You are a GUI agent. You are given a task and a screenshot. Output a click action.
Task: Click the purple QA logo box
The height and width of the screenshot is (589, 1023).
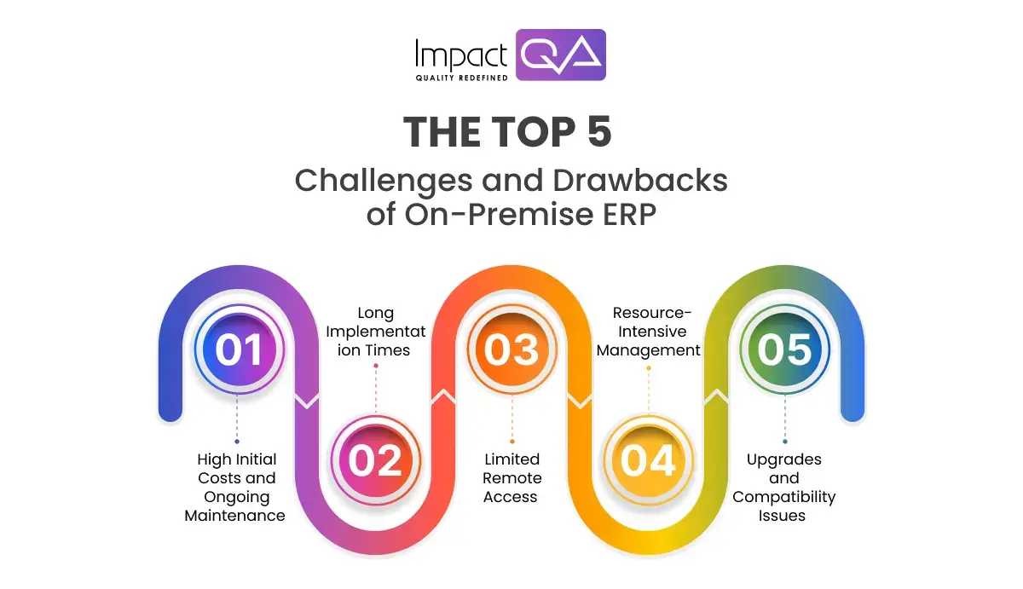coord(561,55)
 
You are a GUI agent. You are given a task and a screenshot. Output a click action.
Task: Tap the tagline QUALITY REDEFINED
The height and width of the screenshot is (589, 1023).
coord(461,78)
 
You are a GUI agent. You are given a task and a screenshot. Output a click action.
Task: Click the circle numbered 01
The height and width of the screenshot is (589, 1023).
coord(238,350)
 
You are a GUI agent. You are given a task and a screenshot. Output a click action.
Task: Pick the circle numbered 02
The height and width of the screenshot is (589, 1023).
coord(375,461)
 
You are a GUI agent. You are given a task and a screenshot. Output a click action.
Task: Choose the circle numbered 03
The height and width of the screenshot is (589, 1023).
coord(511,350)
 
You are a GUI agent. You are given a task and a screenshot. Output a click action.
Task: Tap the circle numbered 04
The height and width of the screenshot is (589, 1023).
coord(648,461)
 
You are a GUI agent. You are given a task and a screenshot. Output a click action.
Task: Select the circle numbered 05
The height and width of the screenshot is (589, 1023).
coord(784,350)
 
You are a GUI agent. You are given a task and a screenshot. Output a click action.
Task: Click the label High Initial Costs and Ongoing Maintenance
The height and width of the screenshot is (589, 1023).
coord(236,487)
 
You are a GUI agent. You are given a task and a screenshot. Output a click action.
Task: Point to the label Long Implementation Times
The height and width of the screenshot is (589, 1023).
coord(376,332)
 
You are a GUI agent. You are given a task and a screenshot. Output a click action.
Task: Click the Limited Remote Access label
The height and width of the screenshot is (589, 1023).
coord(511,477)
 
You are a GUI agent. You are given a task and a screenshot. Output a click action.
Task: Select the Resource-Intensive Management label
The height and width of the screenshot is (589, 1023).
coord(649,332)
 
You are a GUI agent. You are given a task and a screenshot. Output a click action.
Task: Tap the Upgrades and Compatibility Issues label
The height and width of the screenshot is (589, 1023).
coord(783,487)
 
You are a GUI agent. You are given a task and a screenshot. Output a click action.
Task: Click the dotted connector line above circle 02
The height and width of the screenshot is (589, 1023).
coord(375,389)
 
